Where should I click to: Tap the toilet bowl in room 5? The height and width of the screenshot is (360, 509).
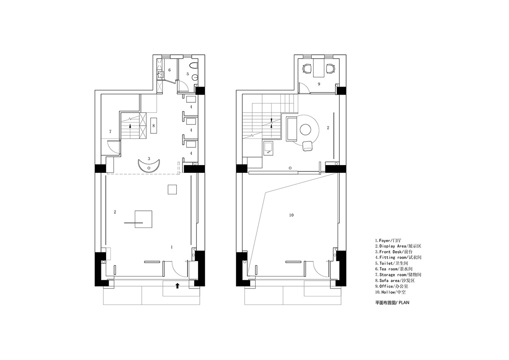194,65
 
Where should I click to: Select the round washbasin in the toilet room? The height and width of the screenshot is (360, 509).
195,78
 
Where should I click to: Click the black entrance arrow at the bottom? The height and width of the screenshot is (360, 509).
177,286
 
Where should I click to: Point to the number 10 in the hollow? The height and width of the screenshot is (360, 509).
291,215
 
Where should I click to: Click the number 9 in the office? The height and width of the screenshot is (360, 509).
319,84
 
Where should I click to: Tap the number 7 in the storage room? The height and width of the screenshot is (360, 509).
110,132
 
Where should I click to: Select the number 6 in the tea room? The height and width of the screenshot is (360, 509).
170,70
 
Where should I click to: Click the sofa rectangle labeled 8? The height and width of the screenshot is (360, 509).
154,126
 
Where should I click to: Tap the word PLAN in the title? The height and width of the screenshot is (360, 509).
404,303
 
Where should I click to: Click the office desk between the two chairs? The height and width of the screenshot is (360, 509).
319,68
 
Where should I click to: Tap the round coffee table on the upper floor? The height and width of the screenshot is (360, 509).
305,129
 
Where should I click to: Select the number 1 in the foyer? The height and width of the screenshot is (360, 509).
172,247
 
